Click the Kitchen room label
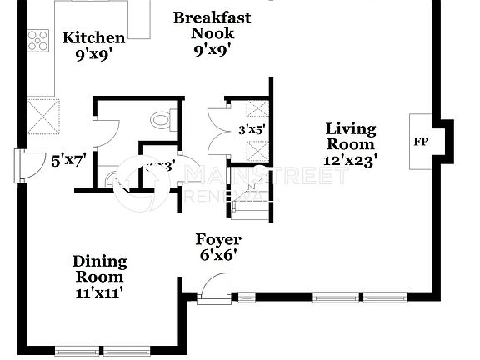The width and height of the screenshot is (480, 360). point(94,37)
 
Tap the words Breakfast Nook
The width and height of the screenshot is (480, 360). point(212,25)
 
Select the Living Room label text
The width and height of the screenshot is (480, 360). point(350,137)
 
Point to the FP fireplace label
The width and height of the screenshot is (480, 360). point(421,142)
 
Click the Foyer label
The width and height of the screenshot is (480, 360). point(218,240)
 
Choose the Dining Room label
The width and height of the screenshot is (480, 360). point(98,269)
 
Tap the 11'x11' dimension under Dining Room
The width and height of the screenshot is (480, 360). point(99,292)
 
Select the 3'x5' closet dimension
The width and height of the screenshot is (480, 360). point(252,129)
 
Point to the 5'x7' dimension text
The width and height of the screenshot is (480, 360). point(68,161)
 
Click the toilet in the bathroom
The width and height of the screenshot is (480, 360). point(161,122)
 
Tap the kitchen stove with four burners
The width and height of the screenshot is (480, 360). point(38,40)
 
